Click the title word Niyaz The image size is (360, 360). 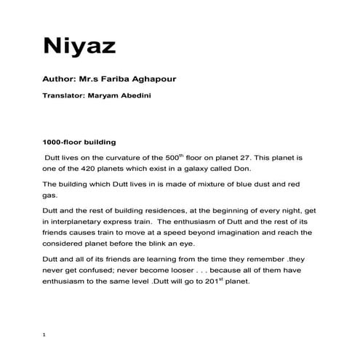[81, 47]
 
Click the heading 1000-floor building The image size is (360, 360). [79, 142]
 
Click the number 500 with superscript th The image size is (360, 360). [191, 157]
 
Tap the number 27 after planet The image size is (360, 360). [276, 157]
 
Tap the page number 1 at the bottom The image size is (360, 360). [45, 335]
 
